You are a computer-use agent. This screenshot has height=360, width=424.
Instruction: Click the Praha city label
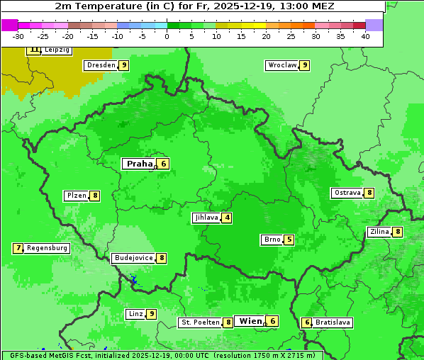[x=139, y=164]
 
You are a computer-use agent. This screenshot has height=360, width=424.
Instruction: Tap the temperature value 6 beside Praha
[x=163, y=164]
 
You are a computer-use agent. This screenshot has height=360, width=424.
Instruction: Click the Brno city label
[x=272, y=240]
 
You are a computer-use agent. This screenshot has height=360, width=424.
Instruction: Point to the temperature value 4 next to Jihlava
[x=227, y=218]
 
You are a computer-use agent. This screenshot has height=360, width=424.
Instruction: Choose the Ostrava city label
[x=347, y=193]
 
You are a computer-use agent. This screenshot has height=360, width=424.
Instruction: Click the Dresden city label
[x=101, y=65]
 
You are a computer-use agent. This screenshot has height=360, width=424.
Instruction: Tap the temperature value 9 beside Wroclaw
[x=304, y=65]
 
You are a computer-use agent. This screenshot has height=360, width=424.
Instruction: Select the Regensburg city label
[x=48, y=248]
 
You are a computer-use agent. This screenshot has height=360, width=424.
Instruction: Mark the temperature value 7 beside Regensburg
[x=18, y=248]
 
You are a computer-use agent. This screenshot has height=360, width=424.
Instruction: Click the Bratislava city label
[x=333, y=322]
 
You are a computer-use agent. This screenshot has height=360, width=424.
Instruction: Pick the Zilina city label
[x=379, y=232]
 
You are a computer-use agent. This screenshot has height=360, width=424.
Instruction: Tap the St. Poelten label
[x=199, y=322]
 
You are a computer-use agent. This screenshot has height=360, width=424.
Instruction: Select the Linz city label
[x=135, y=314]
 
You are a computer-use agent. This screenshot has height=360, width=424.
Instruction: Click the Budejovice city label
[x=133, y=258]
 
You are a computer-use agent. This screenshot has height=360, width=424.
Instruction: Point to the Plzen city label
[x=77, y=196]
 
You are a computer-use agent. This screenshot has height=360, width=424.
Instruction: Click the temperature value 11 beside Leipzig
[x=34, y=50]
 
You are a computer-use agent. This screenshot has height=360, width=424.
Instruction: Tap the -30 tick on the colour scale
[x=18, y=36]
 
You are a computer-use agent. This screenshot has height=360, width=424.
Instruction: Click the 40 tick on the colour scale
[x=365, y=36]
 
